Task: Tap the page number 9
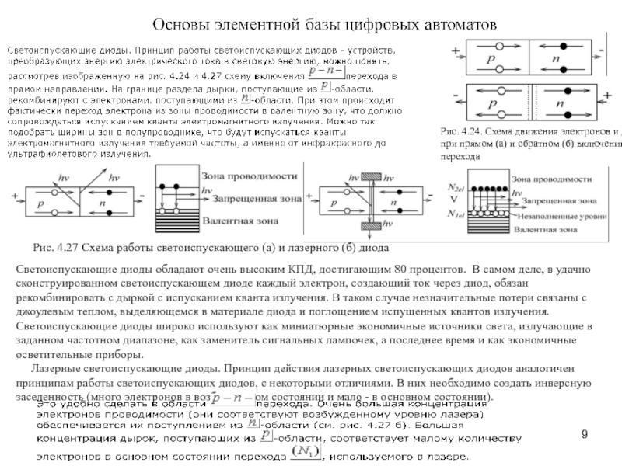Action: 594,436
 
